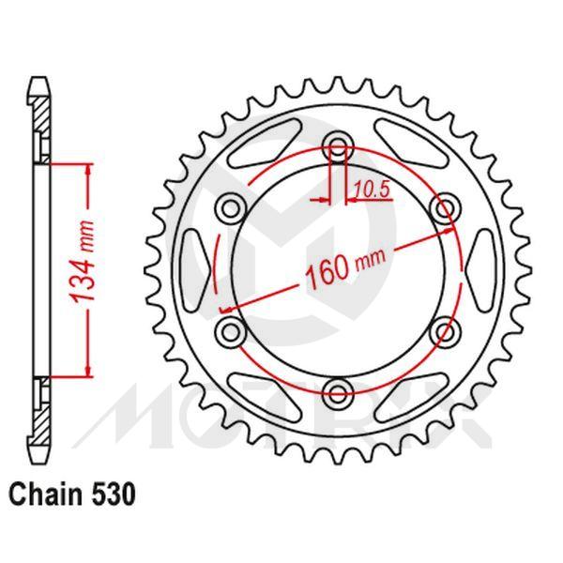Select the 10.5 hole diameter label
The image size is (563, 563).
click(x=372, y=190)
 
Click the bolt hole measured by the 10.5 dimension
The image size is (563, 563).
click(x=337, y=147)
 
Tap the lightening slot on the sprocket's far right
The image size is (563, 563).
click(x=479, y=268)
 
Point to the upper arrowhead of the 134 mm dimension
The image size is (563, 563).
click(x=88, y=168)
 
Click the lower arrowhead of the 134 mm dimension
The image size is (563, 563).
click(x=88, y=370)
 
